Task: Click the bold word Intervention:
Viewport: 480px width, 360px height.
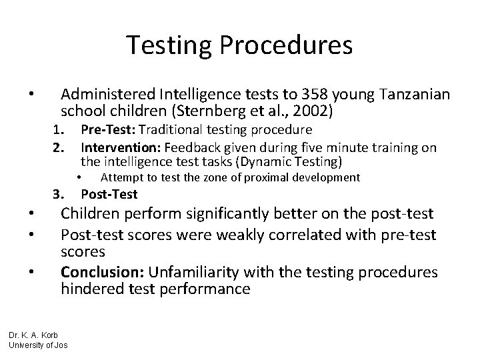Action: pos(121,147)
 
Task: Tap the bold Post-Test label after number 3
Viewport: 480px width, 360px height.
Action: pos(109,194)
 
